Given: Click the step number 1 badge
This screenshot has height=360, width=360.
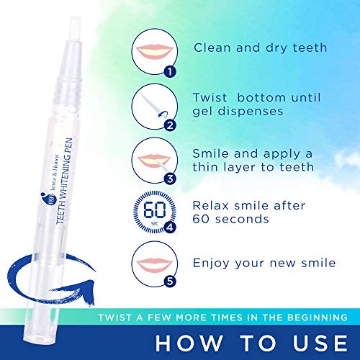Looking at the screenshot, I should [x=170, y=71].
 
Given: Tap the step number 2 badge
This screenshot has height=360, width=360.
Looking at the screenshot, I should [x=170, y=125].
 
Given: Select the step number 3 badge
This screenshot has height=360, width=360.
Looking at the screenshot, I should [x=170, y=179].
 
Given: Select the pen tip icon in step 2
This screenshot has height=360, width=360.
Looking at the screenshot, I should [x=151, y=107].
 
